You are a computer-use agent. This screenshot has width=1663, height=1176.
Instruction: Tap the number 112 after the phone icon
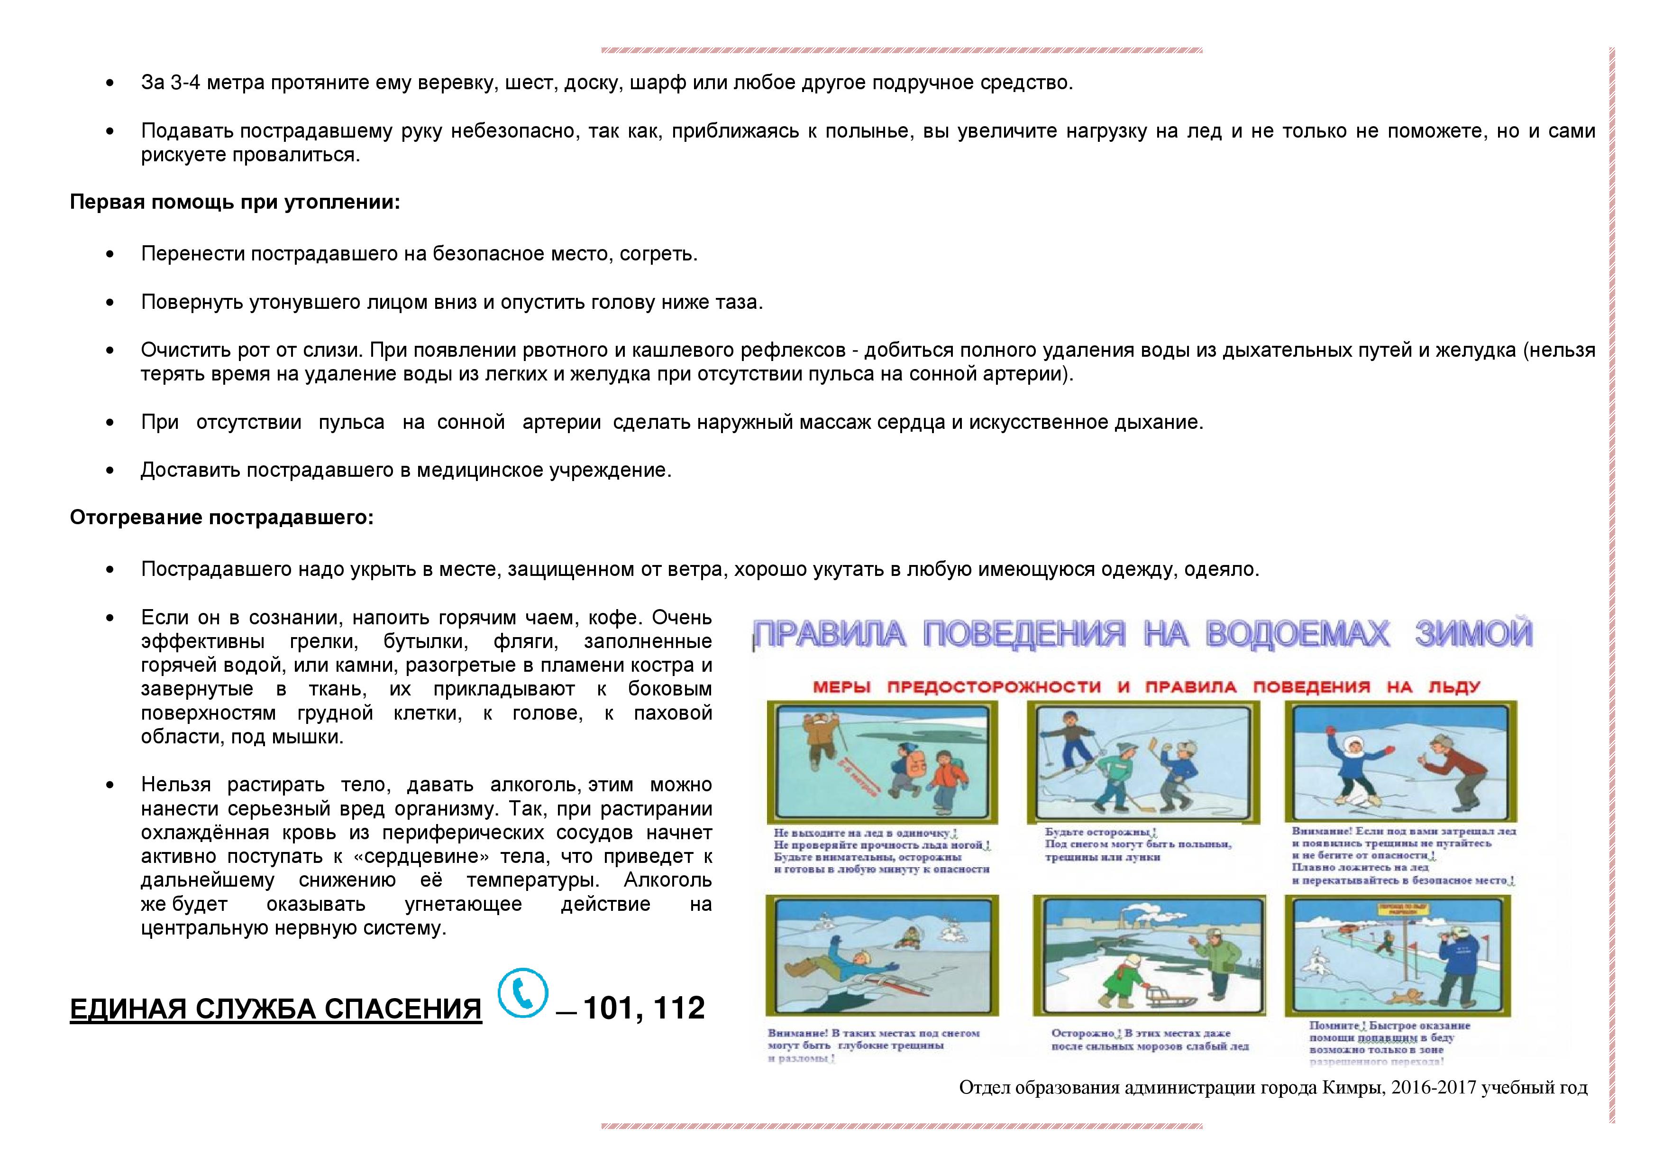(x=679, y=1008)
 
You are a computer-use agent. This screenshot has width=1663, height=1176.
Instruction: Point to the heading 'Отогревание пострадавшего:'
(x=222, y=518)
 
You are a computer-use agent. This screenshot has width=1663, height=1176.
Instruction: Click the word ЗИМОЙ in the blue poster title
(x=1473, y=634)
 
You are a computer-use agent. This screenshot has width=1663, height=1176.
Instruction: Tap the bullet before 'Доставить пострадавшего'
(x=110, y=470)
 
